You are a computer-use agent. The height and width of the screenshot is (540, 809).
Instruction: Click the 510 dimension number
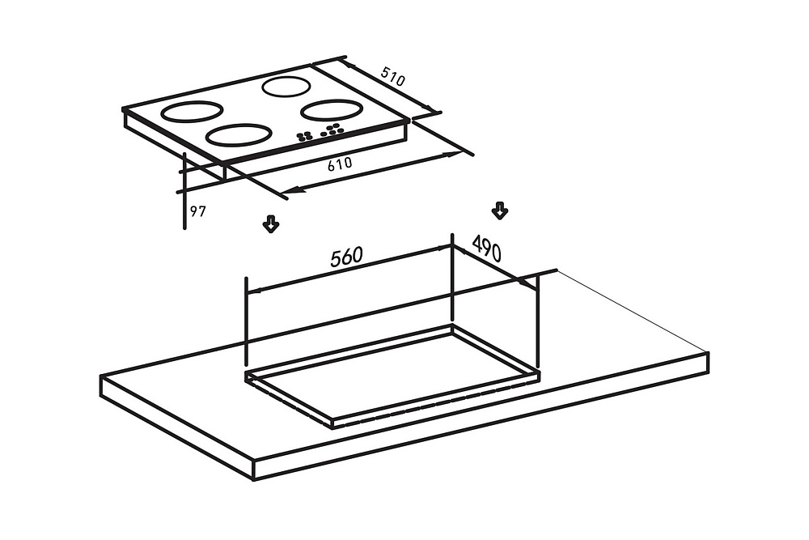pyautogui.click(x=393, y=76)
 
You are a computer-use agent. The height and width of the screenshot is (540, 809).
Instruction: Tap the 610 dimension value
pyautogui.click(x=340, y=164)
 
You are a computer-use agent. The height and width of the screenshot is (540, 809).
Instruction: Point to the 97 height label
pyautogui.click(x=197, y=211)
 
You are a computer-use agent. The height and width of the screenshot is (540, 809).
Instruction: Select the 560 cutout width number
pyautogui.click(x=347, y=257)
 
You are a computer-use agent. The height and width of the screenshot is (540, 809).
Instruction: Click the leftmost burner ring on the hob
pyautogui.click(x=192, y=111)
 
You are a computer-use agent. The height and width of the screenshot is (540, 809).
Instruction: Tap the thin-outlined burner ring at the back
pyautogui.click(x=286, y=87)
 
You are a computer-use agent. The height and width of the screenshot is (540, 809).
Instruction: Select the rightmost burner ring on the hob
pyautogui.click(x=330, y=110)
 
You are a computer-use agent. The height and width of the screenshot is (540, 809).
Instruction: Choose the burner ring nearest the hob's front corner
pyautogui.click(x=239, y=135)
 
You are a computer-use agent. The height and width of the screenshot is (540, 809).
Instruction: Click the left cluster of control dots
pyautogui.click(x=304, y=136)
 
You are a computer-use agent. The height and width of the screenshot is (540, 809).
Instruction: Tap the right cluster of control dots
pyautogui.click(x=332, y=130)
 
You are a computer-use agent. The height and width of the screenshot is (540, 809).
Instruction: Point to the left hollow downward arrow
pyautogui.click(x=271, y=224)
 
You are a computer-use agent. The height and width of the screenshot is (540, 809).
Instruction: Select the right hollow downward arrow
pyautogui.click(x=499, y=210)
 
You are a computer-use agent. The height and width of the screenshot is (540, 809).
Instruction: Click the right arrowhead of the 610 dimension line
pyautogui.click(x=452, y=154)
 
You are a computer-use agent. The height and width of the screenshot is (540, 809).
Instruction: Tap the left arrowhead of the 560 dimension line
pyautogui.click(x=254, y=291)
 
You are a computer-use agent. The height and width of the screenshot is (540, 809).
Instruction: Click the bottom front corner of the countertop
pyautogui.click(x=254, y=480)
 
